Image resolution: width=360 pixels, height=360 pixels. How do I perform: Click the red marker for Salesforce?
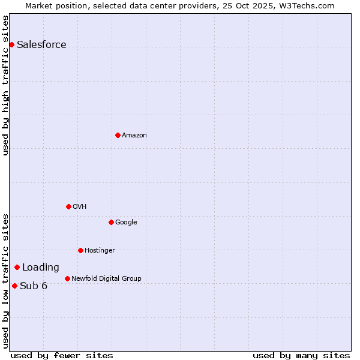(11, 44)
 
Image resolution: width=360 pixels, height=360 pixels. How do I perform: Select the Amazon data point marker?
(118, 135)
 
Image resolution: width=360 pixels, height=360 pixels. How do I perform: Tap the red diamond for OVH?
(68, 206)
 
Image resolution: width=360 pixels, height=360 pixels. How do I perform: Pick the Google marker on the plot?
(111, 222)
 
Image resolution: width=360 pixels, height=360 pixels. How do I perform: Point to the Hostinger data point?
(80, 250)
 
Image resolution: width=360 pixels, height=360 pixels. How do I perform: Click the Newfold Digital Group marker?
(67, 278)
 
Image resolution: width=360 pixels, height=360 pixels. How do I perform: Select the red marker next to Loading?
(17, 267)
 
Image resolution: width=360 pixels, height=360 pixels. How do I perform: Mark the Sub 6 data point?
(14, 286)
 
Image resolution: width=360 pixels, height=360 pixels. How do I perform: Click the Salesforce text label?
(41, 45)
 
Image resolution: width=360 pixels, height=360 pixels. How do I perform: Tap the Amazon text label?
(134, 136)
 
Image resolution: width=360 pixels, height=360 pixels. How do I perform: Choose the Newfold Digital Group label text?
(106, 278)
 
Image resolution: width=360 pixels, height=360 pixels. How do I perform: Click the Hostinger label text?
(100, 251)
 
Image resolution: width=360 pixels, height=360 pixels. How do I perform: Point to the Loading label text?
(41, 268)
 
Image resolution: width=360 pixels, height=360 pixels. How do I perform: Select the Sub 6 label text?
(34, 286)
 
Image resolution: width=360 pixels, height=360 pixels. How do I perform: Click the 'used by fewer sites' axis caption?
(62, 356)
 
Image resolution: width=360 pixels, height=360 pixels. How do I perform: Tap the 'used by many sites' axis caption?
(301, 356)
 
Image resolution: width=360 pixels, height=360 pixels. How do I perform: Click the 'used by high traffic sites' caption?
(6, 85)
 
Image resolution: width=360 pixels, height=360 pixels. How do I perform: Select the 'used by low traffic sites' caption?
(6, 281)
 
